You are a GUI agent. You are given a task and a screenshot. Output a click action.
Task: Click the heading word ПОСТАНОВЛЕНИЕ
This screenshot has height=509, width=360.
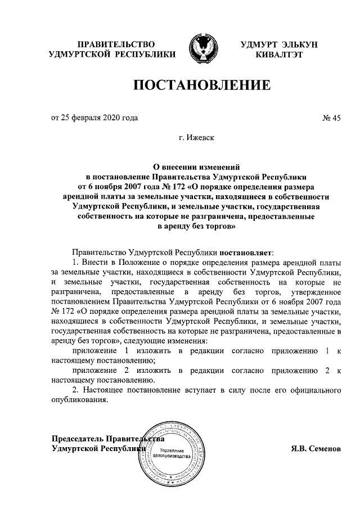pyautogui.click(x=201, y=85)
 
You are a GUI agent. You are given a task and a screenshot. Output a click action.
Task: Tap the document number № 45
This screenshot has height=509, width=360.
pyautogui.click(x=331, y=118)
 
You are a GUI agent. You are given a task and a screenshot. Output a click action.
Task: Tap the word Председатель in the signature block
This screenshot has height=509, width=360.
pyautogui.click(x=77, y=439)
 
